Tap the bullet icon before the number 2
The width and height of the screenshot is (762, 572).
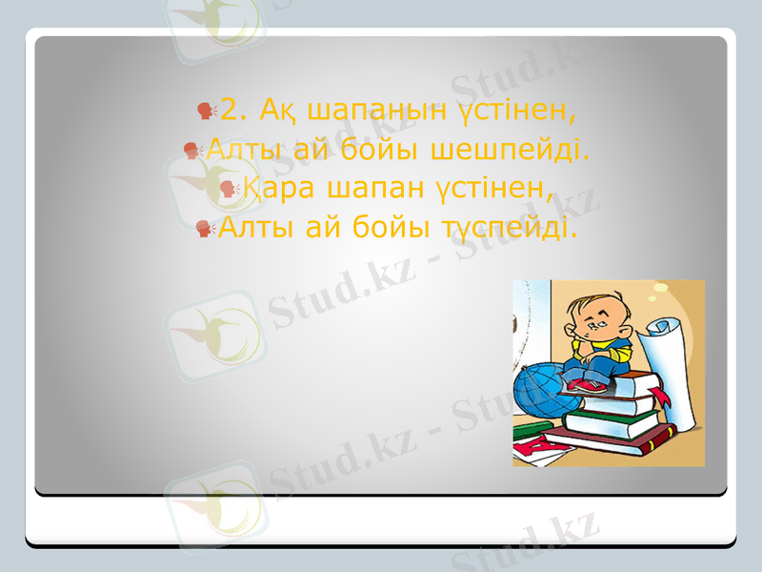[x=208, y=113]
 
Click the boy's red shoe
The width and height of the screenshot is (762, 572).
[x=586, y=384]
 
